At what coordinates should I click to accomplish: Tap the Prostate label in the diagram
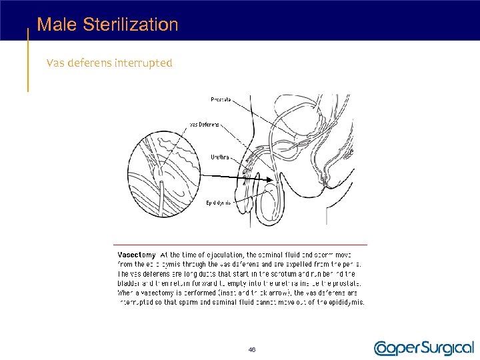point(221,99)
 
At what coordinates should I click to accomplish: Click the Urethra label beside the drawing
point(220,157)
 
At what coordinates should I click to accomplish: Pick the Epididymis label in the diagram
point(218,202)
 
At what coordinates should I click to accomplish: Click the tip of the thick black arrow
point(271,179)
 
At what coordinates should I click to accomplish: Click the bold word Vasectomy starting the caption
point(137,255)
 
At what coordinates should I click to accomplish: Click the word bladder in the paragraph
point(130,283)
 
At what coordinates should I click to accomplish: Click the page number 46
point(251,349)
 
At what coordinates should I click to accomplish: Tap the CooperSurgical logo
point(423,347)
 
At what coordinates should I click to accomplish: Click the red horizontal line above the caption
point(240,245)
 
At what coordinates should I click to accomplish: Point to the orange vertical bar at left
point(27,60)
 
